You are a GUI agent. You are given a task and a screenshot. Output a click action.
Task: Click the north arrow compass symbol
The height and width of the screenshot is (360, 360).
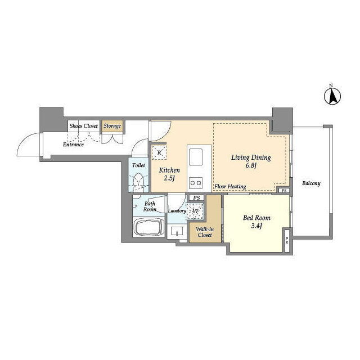click(332, 96)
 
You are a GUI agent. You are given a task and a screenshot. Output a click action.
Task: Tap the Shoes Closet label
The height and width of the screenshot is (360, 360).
click(84, 126)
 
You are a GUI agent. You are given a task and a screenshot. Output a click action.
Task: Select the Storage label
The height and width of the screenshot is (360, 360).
click(112, 126)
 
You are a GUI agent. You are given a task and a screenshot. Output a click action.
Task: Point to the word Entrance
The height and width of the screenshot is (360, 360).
click(73, 145)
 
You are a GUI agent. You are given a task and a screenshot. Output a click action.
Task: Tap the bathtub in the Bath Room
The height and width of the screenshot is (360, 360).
click(149, 227)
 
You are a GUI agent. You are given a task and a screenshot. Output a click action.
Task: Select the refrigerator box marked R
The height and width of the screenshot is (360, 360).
click(159, 152)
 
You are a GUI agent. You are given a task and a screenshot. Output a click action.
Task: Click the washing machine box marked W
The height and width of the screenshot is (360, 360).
click(195, 211)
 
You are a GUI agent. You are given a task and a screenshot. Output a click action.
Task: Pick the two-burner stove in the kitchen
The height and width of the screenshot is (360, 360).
click(196, 183)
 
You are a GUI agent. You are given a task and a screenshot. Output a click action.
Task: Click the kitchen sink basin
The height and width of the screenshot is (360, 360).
click(195, 157)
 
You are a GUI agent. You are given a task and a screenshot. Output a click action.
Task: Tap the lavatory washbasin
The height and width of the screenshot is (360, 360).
click(177, 231)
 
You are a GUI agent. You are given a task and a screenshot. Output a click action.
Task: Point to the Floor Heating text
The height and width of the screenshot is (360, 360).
click(230, 186)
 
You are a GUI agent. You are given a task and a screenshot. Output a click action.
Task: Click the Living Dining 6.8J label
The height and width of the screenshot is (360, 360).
click(251, 161)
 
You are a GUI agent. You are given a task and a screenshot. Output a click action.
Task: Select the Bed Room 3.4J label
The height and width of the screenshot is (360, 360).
click(256, 221)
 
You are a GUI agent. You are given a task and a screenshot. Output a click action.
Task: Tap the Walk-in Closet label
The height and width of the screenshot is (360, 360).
click(205, 232)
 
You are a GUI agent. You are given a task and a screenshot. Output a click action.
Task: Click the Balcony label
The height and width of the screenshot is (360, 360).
click(311, 183)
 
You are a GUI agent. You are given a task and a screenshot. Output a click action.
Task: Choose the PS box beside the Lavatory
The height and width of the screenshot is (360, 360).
click(196, 197)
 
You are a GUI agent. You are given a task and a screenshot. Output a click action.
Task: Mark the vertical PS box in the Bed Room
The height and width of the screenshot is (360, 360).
click(287, 240)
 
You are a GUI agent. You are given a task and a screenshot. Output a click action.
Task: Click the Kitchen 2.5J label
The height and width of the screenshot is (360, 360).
click(169, 174)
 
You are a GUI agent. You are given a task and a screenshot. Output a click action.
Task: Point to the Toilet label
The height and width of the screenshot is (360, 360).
click(138, 165)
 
